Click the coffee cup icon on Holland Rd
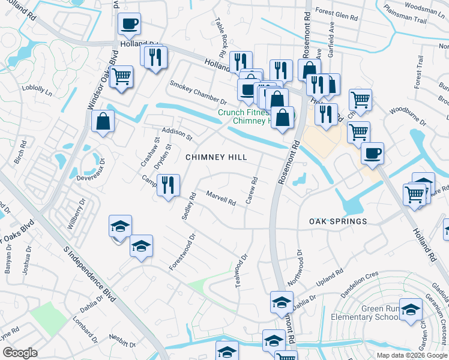(x=129, y=25)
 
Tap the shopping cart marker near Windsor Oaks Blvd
(x=121, y=77)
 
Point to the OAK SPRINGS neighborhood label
(x=338, y=221)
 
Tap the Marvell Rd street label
(x=220, y=198)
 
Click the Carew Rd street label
(x=252, y=190)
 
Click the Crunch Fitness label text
(x=241, y=112)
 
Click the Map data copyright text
(x=412, y=355)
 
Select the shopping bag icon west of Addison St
(x=103, y=121)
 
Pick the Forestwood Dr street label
(x=183, y=252)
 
